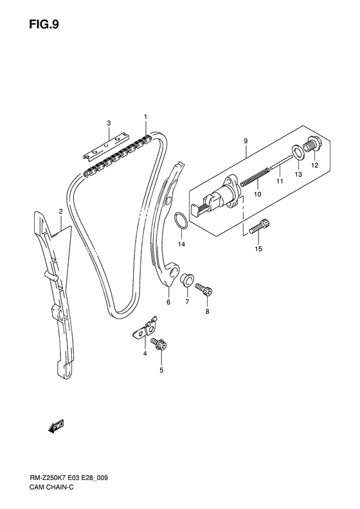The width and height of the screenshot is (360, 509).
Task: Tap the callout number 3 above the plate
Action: pos(109,123)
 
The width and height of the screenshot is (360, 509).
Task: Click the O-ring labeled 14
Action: pos(181,221)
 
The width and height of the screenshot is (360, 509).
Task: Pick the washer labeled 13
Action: pos(298,153)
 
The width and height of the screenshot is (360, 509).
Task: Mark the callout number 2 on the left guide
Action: pos(60,211)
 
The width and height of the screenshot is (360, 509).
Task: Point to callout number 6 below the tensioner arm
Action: pos(168,302)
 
